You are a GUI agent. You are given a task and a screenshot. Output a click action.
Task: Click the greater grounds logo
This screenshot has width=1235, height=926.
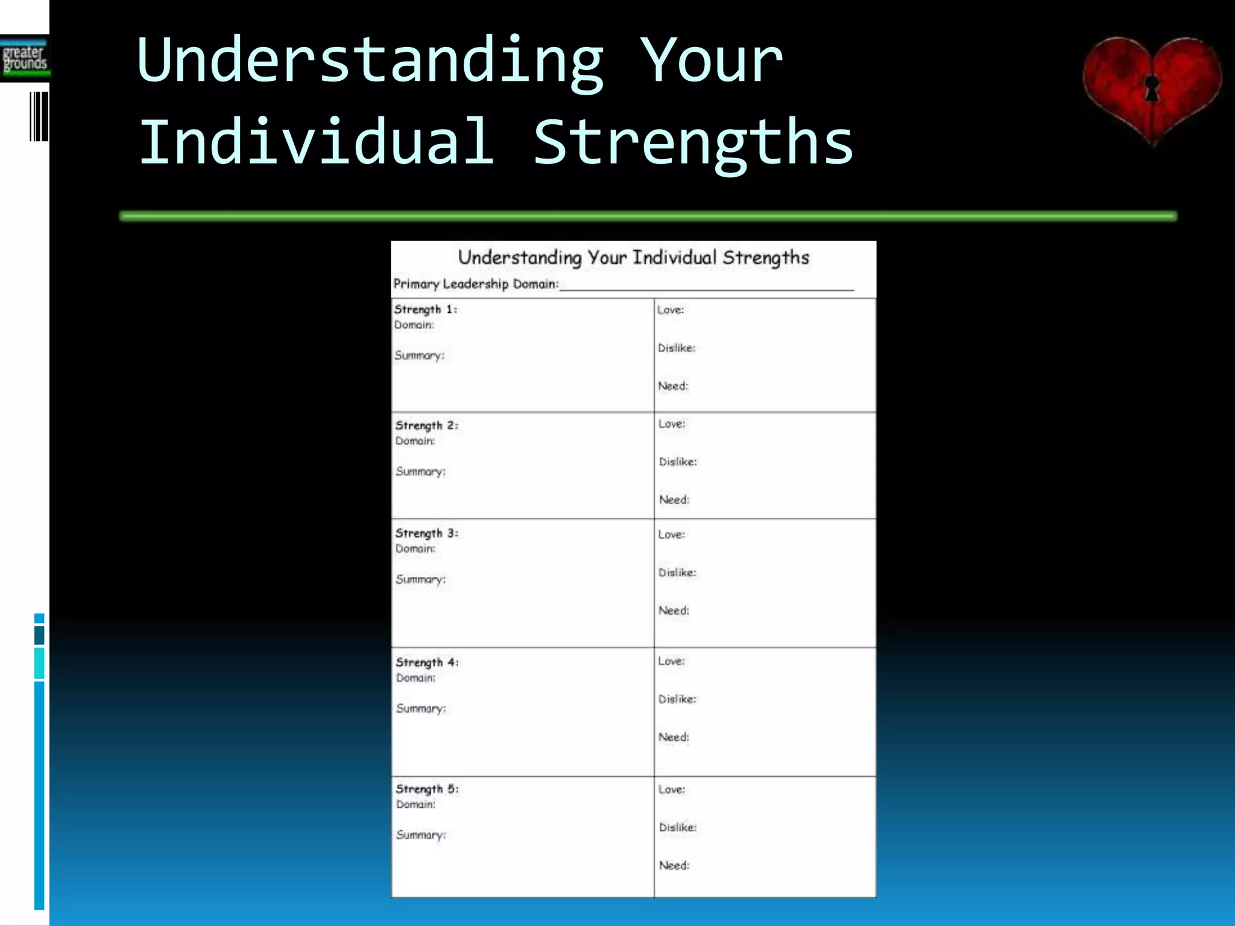point(25,58)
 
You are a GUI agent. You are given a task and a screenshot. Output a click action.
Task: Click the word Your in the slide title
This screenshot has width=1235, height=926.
point(712,60)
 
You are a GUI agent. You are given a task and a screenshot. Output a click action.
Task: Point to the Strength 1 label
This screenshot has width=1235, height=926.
point(426,309)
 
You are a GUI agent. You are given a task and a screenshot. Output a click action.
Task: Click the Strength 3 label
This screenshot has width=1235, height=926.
point(427,534)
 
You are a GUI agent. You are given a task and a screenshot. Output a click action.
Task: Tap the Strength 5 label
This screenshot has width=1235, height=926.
point(427,789)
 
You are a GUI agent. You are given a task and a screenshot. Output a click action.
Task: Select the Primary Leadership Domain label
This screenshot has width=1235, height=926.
point(476,284)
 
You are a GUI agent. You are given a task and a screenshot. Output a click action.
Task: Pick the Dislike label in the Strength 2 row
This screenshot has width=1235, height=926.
point(678,462)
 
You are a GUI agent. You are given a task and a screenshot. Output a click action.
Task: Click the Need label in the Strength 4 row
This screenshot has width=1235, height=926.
point(674,737)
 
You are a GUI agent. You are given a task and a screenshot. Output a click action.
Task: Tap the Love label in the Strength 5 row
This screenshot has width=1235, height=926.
point(672,790)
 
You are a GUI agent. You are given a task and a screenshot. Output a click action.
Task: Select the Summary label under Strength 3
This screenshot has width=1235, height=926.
point(421,579)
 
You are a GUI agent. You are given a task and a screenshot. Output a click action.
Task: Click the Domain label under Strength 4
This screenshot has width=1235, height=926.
point(415,678)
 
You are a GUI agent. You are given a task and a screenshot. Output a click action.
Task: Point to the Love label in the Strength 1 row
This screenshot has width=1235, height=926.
point(671,310)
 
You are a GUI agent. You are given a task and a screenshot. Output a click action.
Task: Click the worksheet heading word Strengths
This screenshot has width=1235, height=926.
point(766,258)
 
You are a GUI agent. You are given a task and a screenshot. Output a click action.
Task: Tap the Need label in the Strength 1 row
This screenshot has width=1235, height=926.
point(673,386)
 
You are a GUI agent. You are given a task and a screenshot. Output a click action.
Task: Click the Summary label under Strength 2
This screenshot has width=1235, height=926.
point(421,471)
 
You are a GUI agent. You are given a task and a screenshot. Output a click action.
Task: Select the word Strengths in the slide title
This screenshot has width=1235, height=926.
point(693,142)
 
